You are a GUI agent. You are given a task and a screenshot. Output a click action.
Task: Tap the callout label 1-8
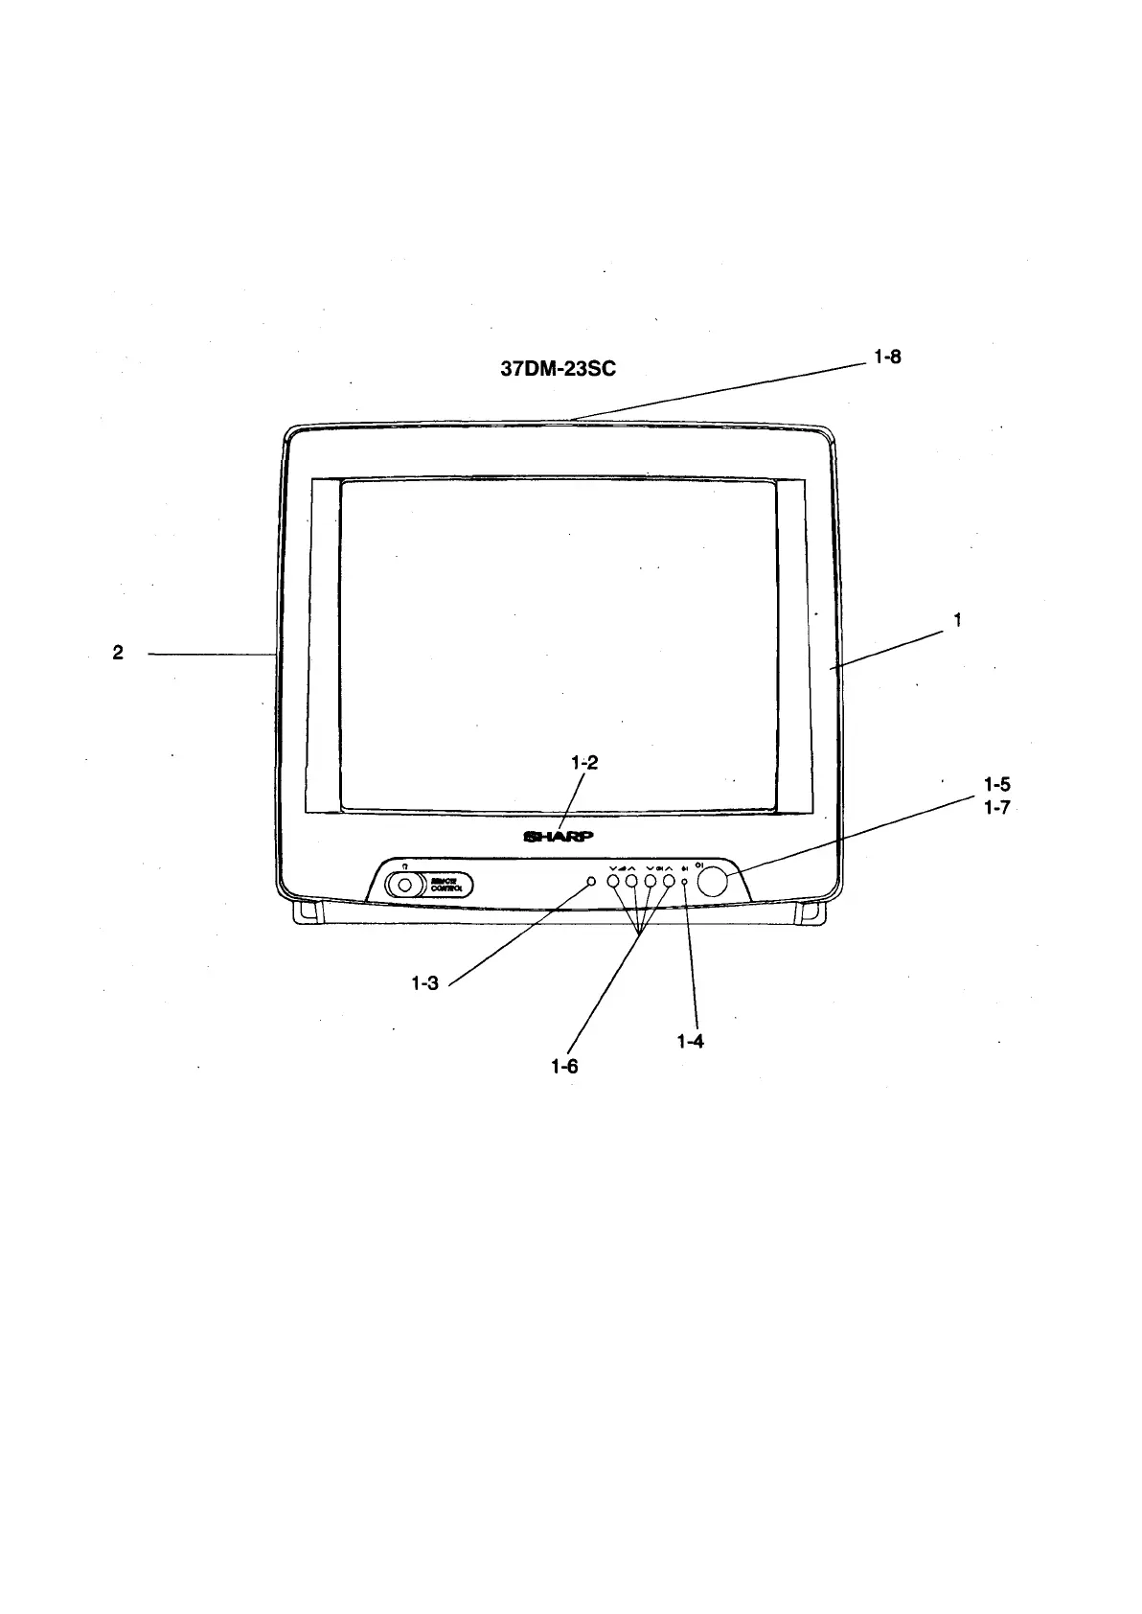(x=887, y=357)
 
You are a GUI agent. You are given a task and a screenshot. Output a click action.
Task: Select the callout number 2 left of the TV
(x=118, y=653)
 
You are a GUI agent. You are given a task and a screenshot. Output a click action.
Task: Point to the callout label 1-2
(x=583, y=763)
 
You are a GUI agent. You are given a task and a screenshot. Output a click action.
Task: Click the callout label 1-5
(x=997, y=785)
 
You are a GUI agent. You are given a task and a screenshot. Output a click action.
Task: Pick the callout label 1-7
(x=997, y=807)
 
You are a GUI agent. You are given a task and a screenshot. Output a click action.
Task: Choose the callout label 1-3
(x=424, y=982)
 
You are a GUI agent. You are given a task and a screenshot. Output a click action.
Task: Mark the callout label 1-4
(x=690, y=1041)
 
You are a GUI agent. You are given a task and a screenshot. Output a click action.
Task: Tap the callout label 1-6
(x=564, y=1066)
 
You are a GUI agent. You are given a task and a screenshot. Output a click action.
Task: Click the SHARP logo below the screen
(x=559, y=835)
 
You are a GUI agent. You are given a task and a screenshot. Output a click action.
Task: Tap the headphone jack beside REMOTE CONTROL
(x=405, y=885)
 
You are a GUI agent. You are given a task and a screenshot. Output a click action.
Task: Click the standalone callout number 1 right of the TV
(x=957, y=620)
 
